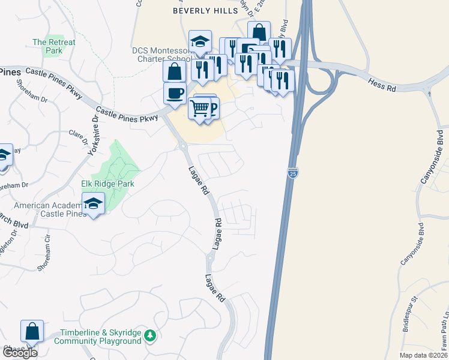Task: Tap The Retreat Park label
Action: [54, 46]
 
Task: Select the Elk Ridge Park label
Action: [107, 184]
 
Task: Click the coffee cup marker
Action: [175, 94]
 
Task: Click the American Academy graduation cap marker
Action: [93, 204]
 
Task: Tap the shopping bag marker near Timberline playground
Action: [32, 331]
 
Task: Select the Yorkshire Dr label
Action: [92, 136]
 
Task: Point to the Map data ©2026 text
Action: [423, 355]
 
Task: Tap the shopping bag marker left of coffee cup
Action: [174, 71]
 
